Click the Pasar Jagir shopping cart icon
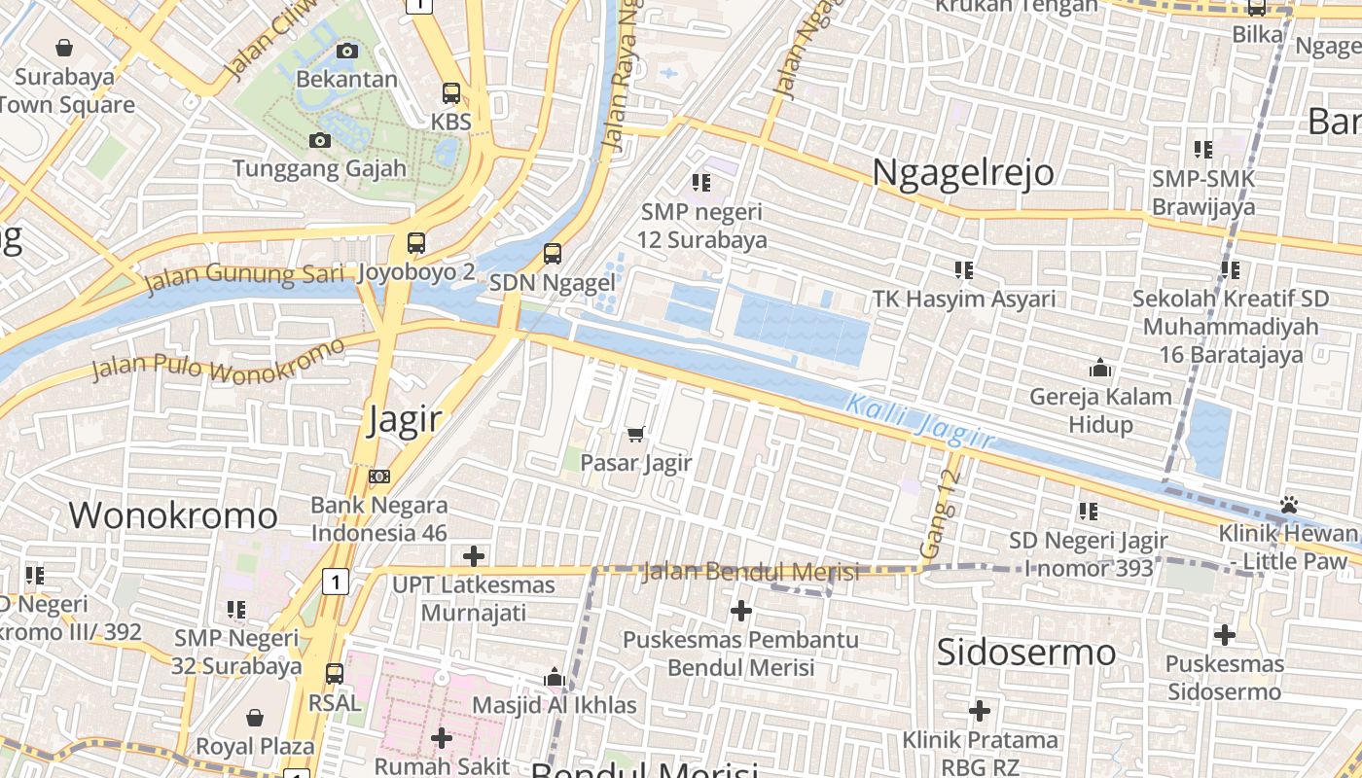(636, 434)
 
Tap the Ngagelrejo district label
(963, 172)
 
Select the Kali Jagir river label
(920, 422)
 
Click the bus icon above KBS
(451, 93)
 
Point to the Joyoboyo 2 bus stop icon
(416, 243)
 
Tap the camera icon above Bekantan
(347, 51)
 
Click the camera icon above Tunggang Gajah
(320, 141)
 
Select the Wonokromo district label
(173, 515)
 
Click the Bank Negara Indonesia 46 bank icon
(379, 477)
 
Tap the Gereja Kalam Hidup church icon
(1101, 368)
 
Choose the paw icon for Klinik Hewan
(1290, 505)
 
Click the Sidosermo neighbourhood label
(1025, 653)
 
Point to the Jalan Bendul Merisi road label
(751, 572)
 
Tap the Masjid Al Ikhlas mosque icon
(555, 677)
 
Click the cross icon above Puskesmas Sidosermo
(1225, 636)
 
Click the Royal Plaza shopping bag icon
(255, 718)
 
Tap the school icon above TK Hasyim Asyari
(964, 269)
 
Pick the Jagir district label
(405, 420)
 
